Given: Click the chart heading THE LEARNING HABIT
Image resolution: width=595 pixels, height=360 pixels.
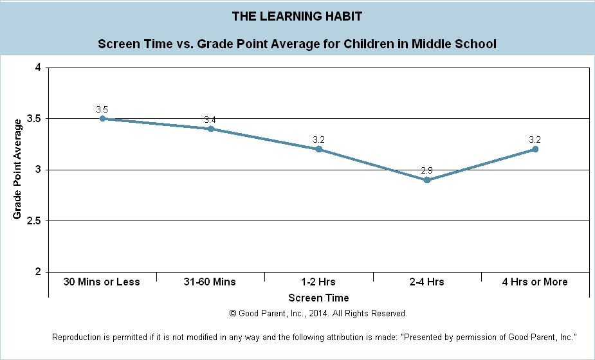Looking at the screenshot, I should (x=297, y=15).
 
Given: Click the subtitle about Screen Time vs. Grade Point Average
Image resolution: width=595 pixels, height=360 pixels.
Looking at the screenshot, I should (x=297, y=44).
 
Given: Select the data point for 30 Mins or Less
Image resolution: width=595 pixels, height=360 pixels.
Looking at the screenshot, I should (x=102, y=119).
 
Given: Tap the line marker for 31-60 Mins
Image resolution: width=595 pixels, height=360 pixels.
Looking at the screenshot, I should (x=210, y=129).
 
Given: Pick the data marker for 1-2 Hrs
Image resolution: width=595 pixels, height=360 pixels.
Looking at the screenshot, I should (x=318, y=149).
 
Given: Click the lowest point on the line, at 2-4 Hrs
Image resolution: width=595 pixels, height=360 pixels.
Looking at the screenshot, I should (x=426, y=180).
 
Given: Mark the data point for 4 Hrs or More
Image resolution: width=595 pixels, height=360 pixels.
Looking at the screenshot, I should (x=535, y=149).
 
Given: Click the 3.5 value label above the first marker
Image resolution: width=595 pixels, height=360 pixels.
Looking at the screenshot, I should (x=102, y=110).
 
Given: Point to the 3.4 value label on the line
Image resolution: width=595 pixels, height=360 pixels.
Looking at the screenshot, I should (x=210, y=120).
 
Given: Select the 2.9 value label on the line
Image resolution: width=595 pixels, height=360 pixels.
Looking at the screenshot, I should (x=426, y=170).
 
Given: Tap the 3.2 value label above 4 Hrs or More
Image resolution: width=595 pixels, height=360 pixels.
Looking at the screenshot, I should (x=535, y=139).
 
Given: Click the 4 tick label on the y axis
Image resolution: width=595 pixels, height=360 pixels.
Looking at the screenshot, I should (x=38, y=67).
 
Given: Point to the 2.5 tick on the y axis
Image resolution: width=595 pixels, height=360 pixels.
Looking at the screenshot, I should (x=33, y=221).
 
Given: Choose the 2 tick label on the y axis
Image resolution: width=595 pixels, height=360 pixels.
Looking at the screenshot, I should (x=38, y=272).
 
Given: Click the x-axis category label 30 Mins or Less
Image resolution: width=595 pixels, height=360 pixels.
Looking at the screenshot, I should (x=102, y=282).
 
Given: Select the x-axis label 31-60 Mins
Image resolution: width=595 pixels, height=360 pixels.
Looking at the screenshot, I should (x=210, y=282).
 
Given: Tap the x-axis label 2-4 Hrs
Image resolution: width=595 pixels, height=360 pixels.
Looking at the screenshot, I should (x=426, y=282).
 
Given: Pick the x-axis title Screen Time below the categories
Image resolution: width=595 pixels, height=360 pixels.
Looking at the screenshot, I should (x=318, y=298).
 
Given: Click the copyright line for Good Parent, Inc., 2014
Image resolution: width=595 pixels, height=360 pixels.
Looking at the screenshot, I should (x=318, y=314).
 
